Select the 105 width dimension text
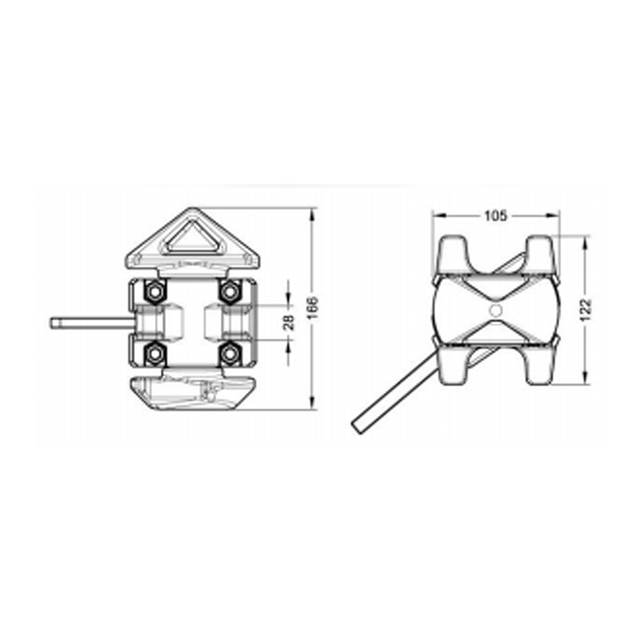coord(495,216)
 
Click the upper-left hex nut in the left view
coord(154,290)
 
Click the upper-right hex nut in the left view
coord(228,290)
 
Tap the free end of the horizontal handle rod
coord(54,323)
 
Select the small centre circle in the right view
coord(495,311)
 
